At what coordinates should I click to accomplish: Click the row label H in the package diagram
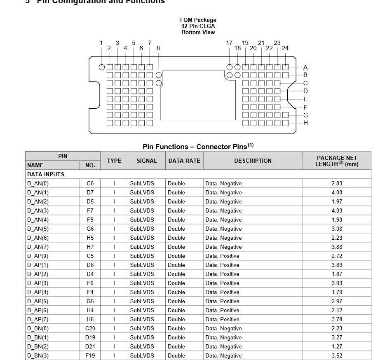tap(305, 123)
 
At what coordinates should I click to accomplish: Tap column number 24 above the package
tap(285, 48)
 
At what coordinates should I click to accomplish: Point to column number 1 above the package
tap(101, 43)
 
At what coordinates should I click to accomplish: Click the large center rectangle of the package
tap(197, 95)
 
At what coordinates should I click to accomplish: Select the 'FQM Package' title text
tap(198, 20)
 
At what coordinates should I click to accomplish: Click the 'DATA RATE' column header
tap(184, 161)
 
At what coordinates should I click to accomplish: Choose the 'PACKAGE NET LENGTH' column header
tap(337, 161)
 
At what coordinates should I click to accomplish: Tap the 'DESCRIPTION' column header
tap(253, 161)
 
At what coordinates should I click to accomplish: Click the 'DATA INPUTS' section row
tap(46, 174)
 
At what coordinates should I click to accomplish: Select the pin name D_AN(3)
tap(38, 210)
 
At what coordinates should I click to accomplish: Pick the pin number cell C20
tap(90, 328)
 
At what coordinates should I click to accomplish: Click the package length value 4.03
tap(337, 210)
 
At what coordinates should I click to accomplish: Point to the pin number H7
tap(90, 247)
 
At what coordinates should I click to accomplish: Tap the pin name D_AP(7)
tap(38, 319)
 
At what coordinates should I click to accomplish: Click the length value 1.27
tap(337, 346)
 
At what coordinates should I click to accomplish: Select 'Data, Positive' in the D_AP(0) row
tap(222, 256)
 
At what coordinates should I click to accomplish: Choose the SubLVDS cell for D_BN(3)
tap(142, 355)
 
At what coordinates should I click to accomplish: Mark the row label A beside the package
tap(305, 67)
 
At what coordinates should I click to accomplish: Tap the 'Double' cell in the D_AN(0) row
tap(176, 183)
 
